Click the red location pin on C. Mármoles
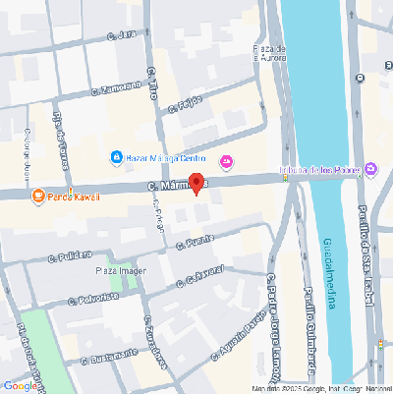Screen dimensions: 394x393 (196, 184)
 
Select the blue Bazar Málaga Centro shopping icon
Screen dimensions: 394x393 (116, 157)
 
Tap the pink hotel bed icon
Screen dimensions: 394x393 (228, 161)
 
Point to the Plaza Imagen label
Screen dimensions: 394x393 (121, 269)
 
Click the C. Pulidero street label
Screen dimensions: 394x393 (70, 257)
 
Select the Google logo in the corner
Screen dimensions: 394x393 (22, 385)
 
